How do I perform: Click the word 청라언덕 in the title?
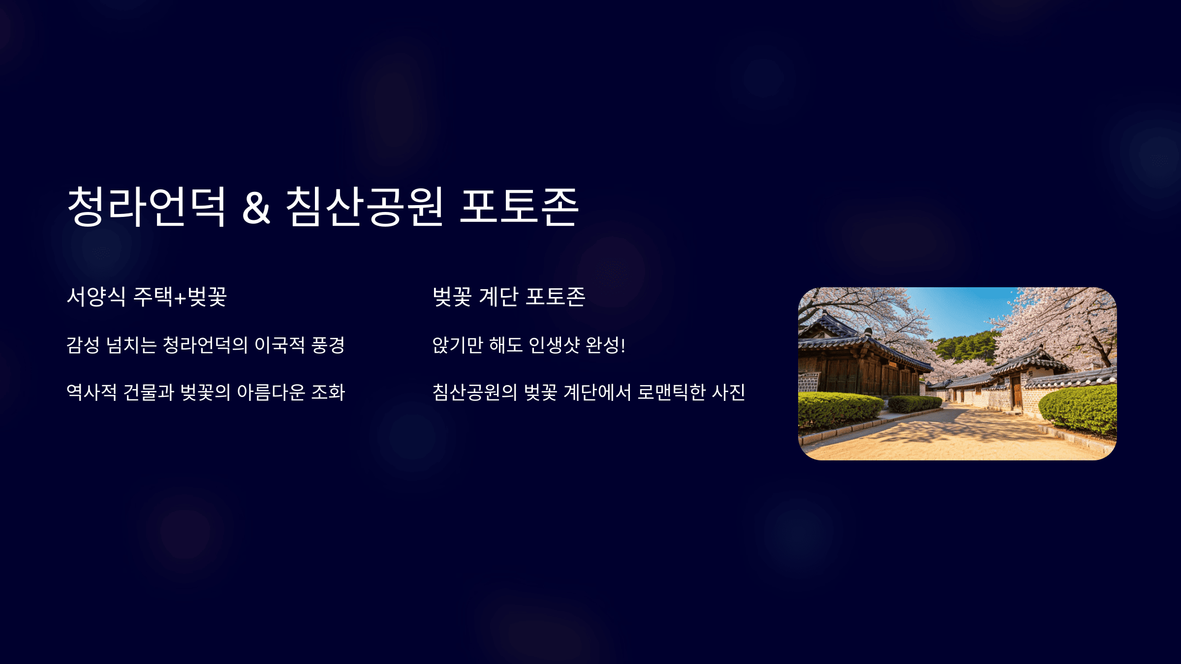146,207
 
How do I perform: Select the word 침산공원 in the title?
365,207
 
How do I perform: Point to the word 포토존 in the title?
519,207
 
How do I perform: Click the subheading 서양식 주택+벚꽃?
147,297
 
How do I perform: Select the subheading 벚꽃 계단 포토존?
509,297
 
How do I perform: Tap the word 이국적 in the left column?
280,345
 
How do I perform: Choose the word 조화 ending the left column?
328,392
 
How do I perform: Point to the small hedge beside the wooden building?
914,404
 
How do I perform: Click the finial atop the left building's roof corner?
869,332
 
